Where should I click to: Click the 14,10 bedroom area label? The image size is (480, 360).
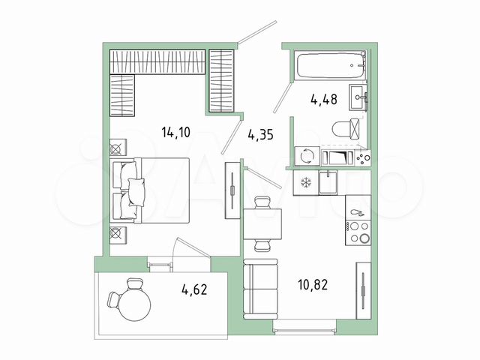[176, 133]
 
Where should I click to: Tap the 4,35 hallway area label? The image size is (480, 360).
[260, 135]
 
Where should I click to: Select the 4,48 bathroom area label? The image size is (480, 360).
[324, 100]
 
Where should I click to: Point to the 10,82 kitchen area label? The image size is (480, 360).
[313, 285]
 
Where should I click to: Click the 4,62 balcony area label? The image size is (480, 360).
[194, 289]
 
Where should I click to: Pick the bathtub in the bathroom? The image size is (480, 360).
[331, 65]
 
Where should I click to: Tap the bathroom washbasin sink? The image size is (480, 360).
[358, 97]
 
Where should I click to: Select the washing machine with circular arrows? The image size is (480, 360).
[307, 156]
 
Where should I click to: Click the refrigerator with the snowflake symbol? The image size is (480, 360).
[305, 183]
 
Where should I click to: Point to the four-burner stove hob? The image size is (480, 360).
[358, 232]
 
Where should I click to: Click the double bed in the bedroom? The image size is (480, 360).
[150, 190]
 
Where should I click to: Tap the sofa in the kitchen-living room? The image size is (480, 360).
[260, 289]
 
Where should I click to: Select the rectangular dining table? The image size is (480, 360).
[262, 224]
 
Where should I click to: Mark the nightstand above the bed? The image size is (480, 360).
[118, 148]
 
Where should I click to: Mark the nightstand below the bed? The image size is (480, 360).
[118, 235]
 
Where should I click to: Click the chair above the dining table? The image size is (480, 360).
[262, 202]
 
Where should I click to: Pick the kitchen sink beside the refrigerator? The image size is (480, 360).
[328, 183]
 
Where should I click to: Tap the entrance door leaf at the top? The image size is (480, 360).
[257, 31]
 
